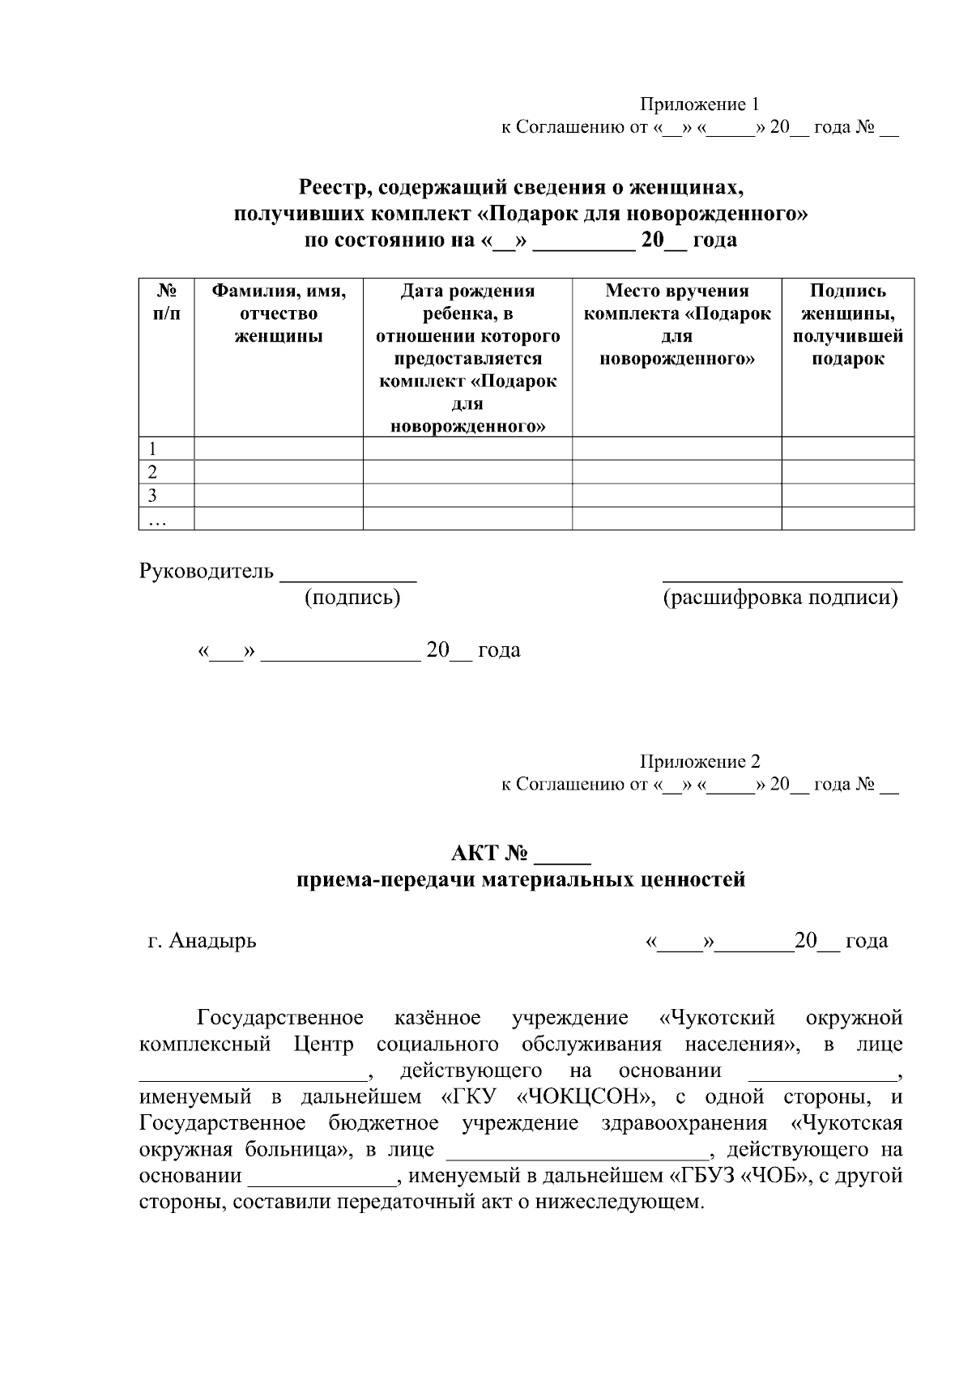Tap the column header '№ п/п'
click(x=166, y=301)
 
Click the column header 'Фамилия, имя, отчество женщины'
click(x=279, y=313)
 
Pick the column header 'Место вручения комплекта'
click(x=676, y=324)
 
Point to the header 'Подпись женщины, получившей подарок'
click(x=847, y=324)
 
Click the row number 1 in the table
click(x=152, y=449)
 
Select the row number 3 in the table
click(x=152, y=496)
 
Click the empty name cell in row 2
click(x=279, y=472)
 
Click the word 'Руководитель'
click(x=207, y=571)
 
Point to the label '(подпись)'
click(x=352, y=598)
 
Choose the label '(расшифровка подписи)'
click(x=781, y=598)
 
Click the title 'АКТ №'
click(x=491, y=854)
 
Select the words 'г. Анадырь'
click(x=202, y=940)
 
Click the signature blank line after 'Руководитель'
click(x=347, y=577)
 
